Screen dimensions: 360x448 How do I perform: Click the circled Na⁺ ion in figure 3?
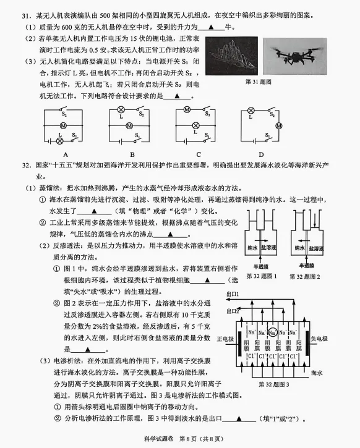(273, 332)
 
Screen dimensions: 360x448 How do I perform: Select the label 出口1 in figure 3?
(233, 294)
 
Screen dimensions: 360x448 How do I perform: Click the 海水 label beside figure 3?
(317, 373)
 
